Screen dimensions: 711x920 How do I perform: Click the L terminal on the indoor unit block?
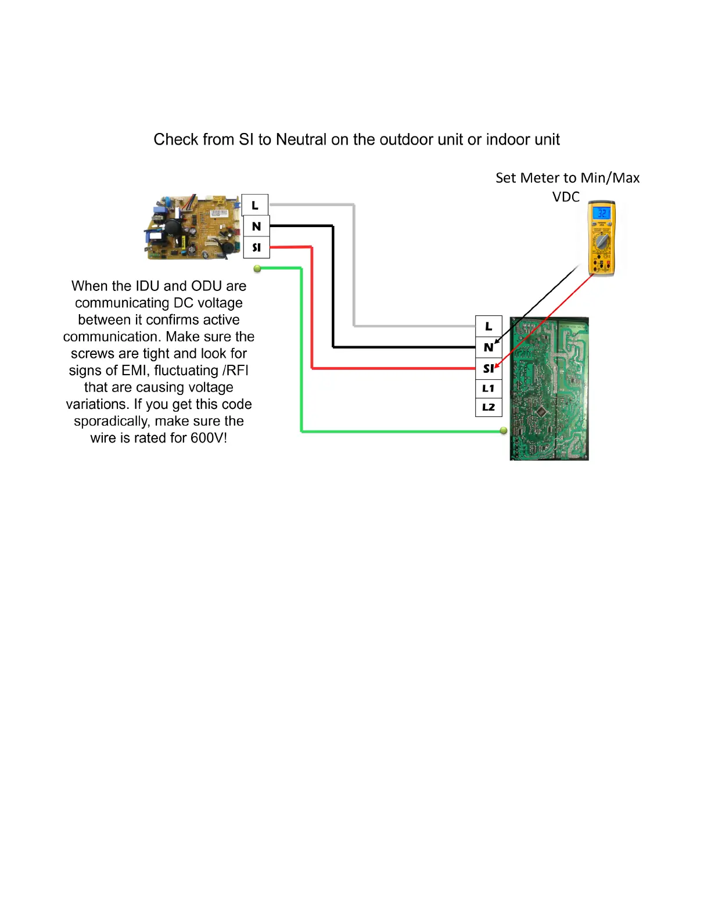[255, 205]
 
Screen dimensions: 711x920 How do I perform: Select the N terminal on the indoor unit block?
[256, 226]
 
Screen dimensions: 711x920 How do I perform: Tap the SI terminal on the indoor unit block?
[256, 247]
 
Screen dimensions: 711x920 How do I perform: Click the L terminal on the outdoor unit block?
[489, 326]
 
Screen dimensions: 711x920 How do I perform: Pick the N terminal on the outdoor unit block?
[489, 347]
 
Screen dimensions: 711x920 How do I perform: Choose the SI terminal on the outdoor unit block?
[489, 368]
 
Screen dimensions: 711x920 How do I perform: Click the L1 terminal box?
[489, 388]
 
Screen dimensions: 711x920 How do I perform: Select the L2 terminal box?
[489, 407]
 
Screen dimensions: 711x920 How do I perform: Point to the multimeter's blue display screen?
[601, 214]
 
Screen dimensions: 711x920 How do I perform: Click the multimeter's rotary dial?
[601, 241]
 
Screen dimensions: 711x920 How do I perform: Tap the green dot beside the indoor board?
[257, 268]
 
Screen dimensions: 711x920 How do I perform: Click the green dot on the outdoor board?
[504, 430]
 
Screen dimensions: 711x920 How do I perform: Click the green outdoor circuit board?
[550, 389]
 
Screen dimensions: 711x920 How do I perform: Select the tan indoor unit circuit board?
[192, 228]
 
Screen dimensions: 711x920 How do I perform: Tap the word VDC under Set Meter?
[566, 197]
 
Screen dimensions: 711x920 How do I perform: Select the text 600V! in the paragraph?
[209, 438]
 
